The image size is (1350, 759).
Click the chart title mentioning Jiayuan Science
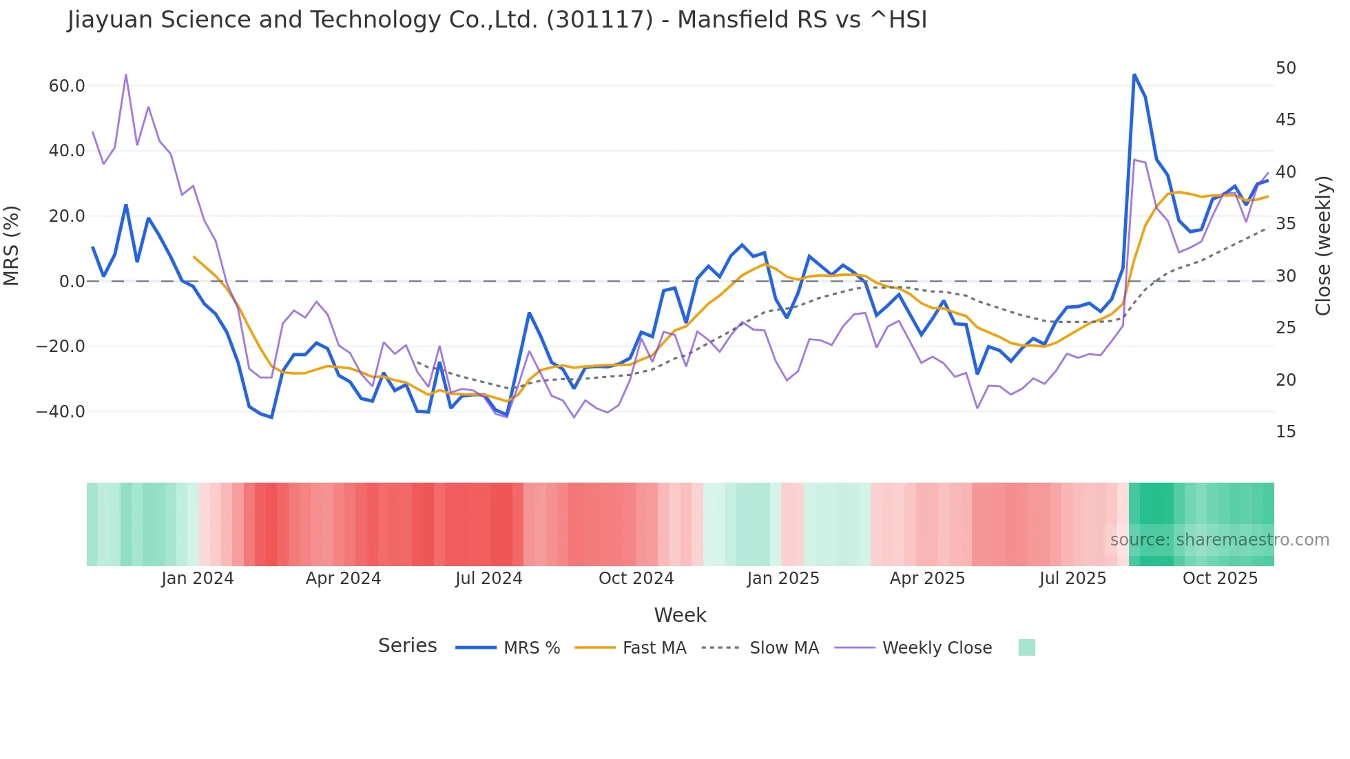tap(497, 20)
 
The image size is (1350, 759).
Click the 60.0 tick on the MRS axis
tap(67, 86)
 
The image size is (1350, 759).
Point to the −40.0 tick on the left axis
tap(61, 412)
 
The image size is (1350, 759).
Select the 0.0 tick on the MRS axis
tap(72, 282)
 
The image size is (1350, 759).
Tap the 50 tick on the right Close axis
tap(1285, 68)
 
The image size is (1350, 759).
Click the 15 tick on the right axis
tap(1285, 432)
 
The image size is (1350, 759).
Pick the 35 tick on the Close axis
tap(1285, 224)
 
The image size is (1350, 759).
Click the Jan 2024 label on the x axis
tap(198, 579)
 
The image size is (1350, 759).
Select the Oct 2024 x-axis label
tap(636, 579)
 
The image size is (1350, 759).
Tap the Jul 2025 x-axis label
tap(1072, 579)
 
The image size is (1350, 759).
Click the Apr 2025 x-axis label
tap(927, 579)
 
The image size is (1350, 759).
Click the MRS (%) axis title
tap(12, 245)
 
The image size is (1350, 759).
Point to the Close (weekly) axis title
tap(1322, 246)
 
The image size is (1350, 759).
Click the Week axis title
tap(680, 615)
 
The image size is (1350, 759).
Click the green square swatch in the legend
tap(1026, 647)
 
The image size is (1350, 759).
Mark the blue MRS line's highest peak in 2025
tap(1134, 74)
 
